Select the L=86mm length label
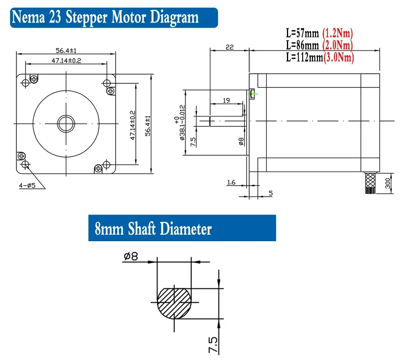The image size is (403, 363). click(x=302, y=45)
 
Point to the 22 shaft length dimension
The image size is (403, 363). click(x=229, y=47)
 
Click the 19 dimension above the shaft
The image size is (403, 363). click(x=226, y=100)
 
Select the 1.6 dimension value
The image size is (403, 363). click(x=231, y=182)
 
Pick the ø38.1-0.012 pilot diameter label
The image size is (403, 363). click(x=180, y=122)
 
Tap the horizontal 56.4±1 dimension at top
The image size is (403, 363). click(x=66, y=51)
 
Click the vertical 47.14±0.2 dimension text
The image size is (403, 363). click(x=131, y=125)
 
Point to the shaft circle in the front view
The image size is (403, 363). click(x=66, y=123)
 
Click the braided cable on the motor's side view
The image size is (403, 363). click(x=370, y=183)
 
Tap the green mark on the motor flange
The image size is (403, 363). click(x=253, y=94)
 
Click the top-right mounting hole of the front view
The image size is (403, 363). click(x=106, y=83)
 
